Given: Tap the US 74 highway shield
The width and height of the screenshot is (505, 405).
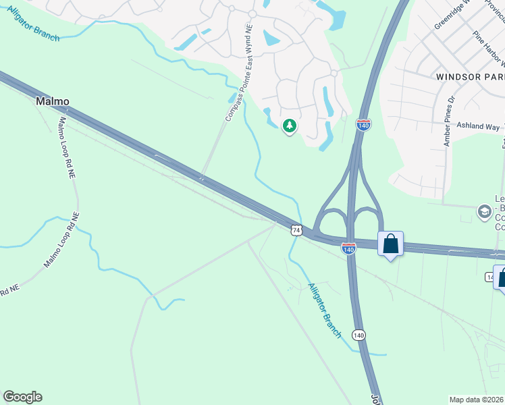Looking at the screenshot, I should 296,230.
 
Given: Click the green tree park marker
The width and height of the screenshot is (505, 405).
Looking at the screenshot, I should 290,126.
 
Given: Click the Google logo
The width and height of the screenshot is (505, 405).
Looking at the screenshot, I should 22,397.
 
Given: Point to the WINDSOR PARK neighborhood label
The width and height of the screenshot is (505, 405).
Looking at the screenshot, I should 470,77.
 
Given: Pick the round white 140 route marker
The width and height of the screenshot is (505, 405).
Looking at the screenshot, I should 358,335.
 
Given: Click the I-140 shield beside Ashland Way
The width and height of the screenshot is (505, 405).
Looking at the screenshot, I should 363,125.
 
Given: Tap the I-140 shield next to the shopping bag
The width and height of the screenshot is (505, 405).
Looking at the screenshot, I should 348,249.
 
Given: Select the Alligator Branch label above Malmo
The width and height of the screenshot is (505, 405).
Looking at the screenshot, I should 34,24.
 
